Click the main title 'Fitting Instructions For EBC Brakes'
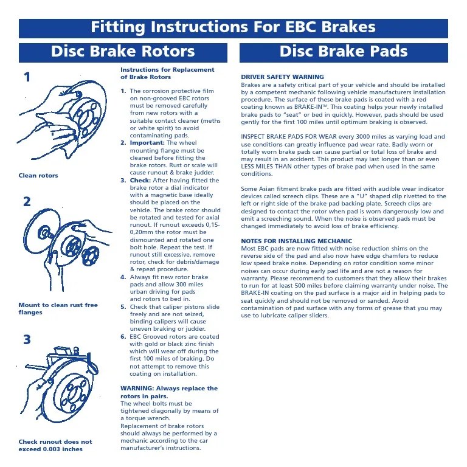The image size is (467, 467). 233,27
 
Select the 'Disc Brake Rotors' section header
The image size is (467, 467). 123,52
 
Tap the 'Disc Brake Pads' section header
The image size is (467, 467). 344,52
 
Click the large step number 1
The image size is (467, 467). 27,77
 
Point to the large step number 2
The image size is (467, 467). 27,202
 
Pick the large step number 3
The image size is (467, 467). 27,340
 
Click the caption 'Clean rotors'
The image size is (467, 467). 38,176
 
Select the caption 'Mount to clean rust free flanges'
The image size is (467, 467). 58,309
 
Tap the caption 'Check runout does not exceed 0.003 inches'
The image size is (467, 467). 55,446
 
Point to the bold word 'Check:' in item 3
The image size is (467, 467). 140,180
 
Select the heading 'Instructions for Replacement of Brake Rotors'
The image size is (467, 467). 167,74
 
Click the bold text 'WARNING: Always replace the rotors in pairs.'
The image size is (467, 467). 168,392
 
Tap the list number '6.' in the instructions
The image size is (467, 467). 123,336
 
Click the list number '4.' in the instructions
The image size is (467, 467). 123,277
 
